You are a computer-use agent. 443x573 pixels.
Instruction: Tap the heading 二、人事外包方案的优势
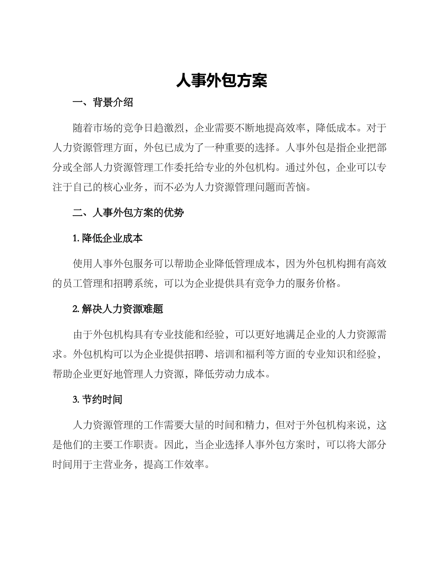[x=128, y=213]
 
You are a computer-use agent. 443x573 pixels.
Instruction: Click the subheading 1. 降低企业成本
[x=108, y=239]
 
